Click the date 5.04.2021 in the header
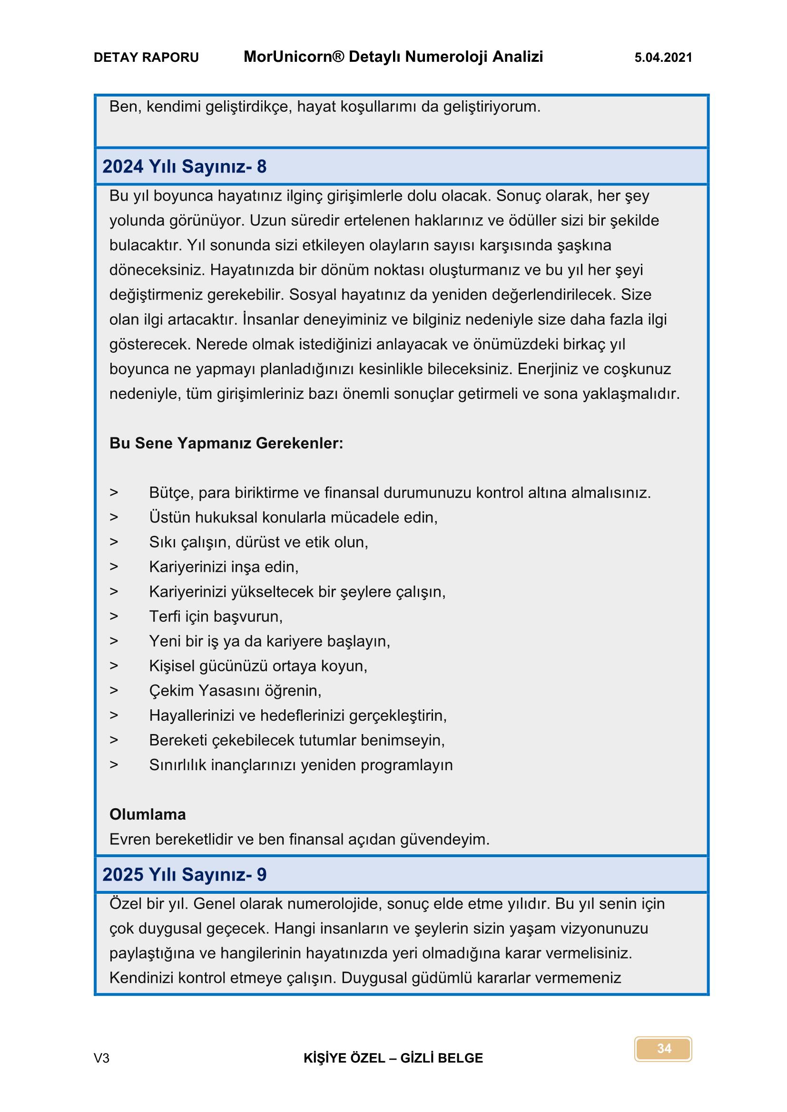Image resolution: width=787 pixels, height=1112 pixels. coord(663,58)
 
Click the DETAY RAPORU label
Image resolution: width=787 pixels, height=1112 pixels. coord(146,58)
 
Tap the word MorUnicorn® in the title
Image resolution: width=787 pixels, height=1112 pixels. coord(294,57)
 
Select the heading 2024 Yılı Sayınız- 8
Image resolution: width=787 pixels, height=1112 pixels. coord(184,166)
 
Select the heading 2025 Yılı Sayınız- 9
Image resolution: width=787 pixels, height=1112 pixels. coord(184,875)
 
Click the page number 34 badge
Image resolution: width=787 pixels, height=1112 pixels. coord(663,1049)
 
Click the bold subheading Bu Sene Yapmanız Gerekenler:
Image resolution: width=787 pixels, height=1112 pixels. coord(226,443)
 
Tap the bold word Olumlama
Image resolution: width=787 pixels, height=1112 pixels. coord(148,815)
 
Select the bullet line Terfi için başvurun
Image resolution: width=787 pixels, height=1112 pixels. coord(216,617)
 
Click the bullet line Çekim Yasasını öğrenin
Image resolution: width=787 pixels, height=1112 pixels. coord(235,691)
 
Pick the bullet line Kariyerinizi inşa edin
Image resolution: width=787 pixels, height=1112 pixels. coord(224,567)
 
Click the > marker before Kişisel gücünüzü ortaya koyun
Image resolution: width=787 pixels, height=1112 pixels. coord(114,666)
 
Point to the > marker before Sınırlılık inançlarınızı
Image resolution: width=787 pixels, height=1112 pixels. coord(114,765)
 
